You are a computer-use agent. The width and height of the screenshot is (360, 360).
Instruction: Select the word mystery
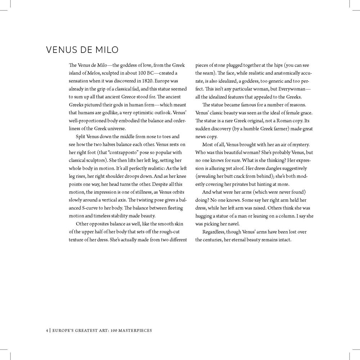299,144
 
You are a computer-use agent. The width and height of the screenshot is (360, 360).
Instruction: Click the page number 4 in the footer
47,330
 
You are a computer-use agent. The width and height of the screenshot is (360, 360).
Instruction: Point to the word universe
118,129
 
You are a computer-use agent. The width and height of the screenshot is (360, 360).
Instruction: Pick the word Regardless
215,231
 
